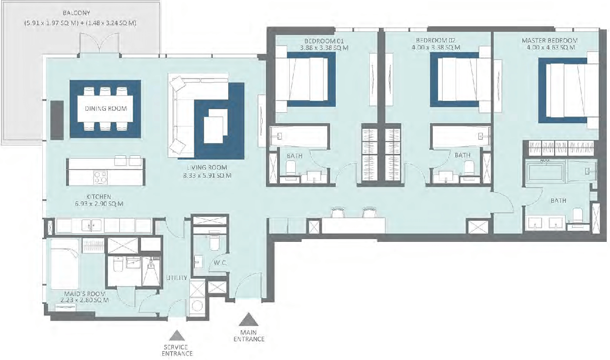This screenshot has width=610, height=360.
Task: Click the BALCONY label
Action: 76,13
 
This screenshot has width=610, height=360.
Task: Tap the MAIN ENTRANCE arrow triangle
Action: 248,320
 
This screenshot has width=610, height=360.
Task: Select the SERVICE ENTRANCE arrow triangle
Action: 177,335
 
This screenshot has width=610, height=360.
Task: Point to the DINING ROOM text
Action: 106,108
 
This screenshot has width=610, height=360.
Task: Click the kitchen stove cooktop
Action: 100,177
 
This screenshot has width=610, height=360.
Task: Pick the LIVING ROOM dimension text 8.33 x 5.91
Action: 207,175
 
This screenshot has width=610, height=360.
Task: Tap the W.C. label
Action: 220,263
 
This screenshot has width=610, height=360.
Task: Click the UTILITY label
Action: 177,278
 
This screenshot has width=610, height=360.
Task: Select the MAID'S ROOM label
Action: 85,294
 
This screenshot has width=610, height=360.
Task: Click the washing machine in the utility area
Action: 197,306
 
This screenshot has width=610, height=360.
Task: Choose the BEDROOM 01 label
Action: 324,41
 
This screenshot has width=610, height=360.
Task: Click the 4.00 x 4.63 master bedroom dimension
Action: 549,47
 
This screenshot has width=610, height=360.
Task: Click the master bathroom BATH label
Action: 558,200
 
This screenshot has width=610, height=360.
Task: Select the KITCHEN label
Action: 99,196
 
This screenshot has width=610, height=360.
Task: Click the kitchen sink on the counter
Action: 91,226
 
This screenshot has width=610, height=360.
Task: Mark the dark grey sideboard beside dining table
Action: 57,120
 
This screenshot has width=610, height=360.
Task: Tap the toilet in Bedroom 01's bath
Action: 291,168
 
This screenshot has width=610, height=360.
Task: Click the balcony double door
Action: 99,43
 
